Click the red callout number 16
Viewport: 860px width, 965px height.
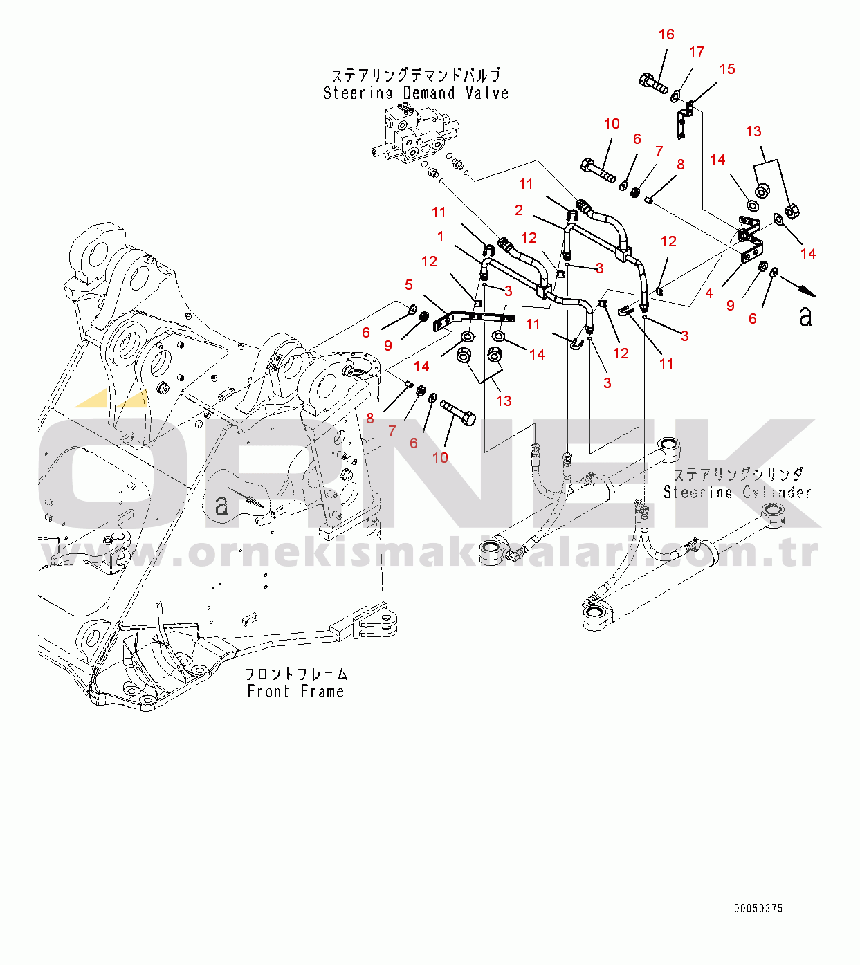tap(666, 35)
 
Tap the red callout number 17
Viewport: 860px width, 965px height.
tap(697, 52)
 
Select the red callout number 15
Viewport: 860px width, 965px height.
tap(727, 69)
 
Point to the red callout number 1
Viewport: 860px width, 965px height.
tap(441, 237)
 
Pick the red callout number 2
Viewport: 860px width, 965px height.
tap(519, 210)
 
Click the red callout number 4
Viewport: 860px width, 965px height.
tap(709, 293)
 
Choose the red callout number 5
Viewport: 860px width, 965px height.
tap(409, 285)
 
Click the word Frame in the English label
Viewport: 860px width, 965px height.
tap(322, 691)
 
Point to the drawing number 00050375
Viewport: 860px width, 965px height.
tap(758, 908)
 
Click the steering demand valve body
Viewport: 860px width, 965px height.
tap(414, 134)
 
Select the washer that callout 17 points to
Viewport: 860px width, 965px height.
tap(675, 97)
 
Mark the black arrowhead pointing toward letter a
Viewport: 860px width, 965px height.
tap(809, 293)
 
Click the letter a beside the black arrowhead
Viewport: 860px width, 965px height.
tap(805, 316)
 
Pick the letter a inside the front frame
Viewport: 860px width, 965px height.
tap(221, 506)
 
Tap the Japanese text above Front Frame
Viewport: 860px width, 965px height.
tap(296, 674)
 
